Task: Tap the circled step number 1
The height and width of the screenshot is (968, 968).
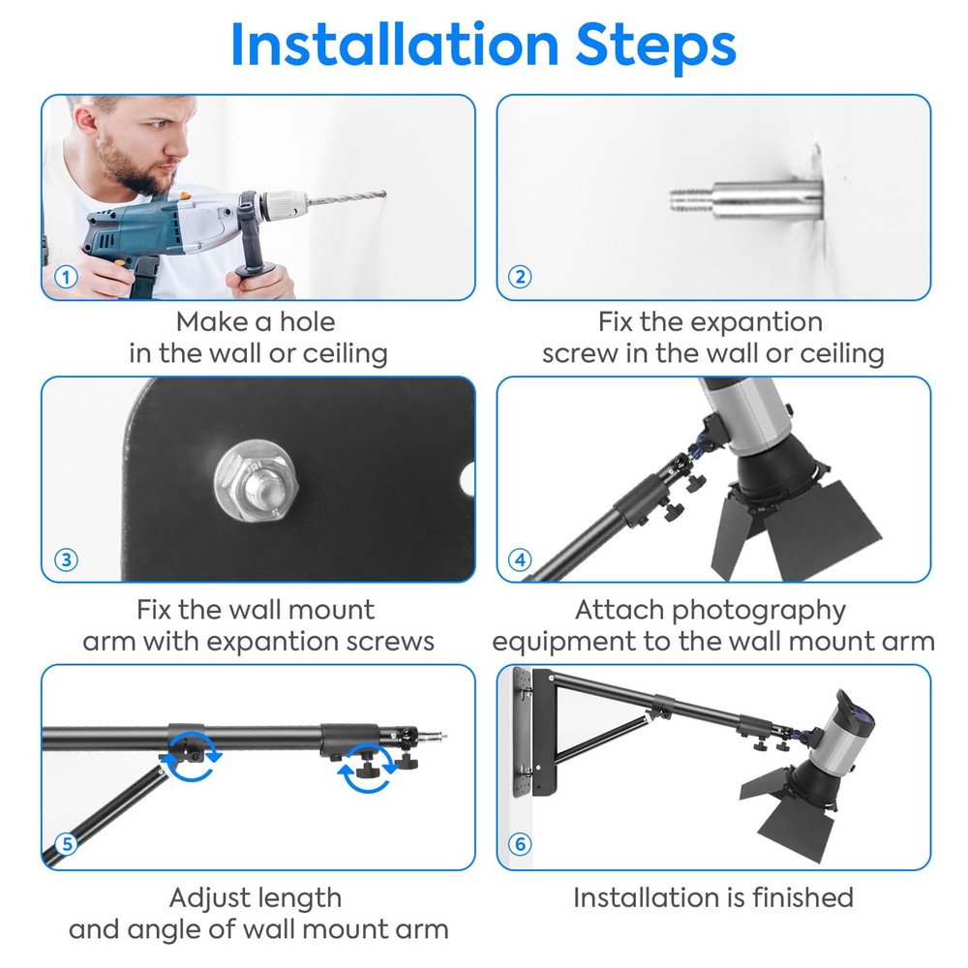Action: click(65, 277)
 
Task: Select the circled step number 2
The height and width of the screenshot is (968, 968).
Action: click(520, 277)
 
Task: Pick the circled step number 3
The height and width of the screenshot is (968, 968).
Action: click(65, 560)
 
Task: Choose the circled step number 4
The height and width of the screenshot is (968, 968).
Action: click(520, 560)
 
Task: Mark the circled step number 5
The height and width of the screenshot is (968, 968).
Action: click(65, 844)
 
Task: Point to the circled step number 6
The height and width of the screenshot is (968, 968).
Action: click(520, 844)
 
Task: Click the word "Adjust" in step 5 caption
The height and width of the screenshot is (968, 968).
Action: click(216, 897)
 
